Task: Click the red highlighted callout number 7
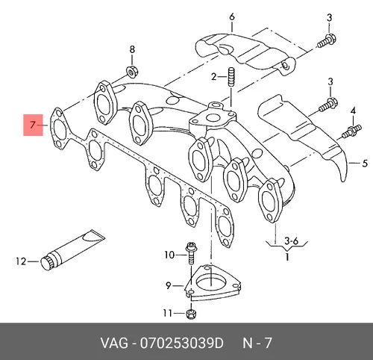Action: click(x=33, y=125)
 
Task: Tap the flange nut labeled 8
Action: click(x=132, y=72)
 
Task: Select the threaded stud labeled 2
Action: click(x=231, y=77)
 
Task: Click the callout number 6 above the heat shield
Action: click(x=232, y=17)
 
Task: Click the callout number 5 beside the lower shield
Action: click(x=364, y=164)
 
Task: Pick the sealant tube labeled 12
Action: click(x=72, y=250)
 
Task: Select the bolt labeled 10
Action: click(x=191, y=253)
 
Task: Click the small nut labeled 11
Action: click(x=191, y=314)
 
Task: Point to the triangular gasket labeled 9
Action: click(x=213, y=283)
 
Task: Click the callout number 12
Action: click(x=21, y=261)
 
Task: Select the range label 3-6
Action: click(x=291, y=241)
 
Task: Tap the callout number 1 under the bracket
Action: click(x=287, y=256)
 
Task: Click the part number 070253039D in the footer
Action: click(x=182, y=343)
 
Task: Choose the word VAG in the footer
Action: click(x=114, y=343)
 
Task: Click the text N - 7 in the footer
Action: click(x=257, y=343)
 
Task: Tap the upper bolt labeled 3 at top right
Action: click(x=327, y=42)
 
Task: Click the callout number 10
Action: click(x=169, y=255)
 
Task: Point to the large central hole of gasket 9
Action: click(x=211, y=283)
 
